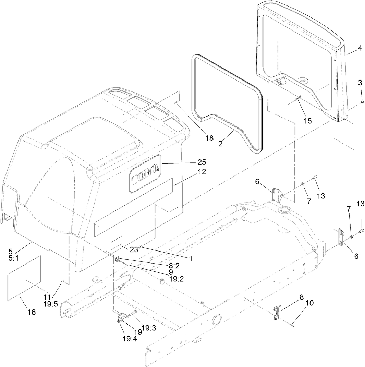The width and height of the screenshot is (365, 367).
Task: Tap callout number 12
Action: point(202,172)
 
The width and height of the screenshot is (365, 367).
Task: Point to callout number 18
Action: point(209,138)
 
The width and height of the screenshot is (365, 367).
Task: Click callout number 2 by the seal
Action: point(220,144)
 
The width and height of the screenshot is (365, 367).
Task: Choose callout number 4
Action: point(360,48)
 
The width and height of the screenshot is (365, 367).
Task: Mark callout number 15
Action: point(307,121)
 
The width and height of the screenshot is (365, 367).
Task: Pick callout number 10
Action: point(309,303)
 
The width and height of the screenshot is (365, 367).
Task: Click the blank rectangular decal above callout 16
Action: point(24,278)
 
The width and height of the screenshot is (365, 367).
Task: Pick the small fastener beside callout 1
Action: point(140,247)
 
